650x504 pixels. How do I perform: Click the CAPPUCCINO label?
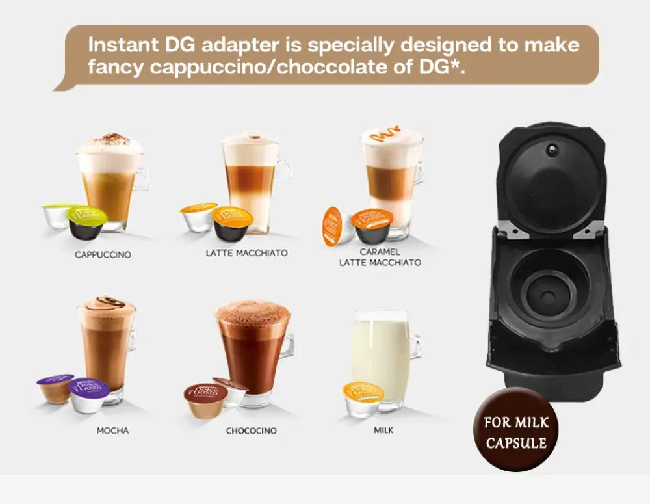[103, 255]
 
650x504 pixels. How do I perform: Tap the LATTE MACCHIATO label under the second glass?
[246, 252]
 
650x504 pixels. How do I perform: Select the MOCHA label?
[112, 431]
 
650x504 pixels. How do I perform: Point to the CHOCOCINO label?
[251, 431]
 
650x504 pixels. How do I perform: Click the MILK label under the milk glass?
[383, 430]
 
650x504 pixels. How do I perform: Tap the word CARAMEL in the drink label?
[380, 251]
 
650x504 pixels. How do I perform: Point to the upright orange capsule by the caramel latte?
[332, 226]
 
